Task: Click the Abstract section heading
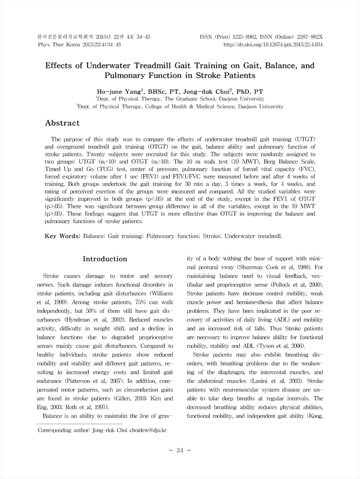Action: (x=71, y=123)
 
